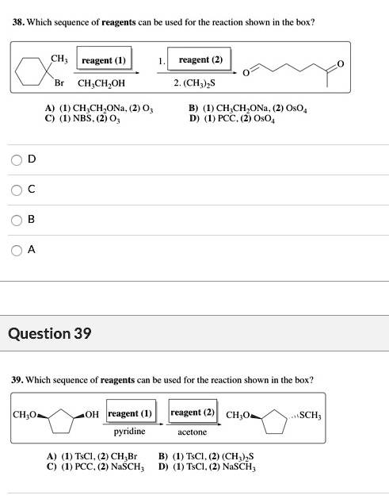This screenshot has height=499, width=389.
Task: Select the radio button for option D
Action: (x=17, y=159)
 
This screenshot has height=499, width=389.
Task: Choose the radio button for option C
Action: (x=17, y=189)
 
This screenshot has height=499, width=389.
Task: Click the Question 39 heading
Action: (x=49, y=333)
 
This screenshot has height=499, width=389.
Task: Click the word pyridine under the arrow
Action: (x=129, y=432)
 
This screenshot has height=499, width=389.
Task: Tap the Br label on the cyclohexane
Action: (x=59, y=82)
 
